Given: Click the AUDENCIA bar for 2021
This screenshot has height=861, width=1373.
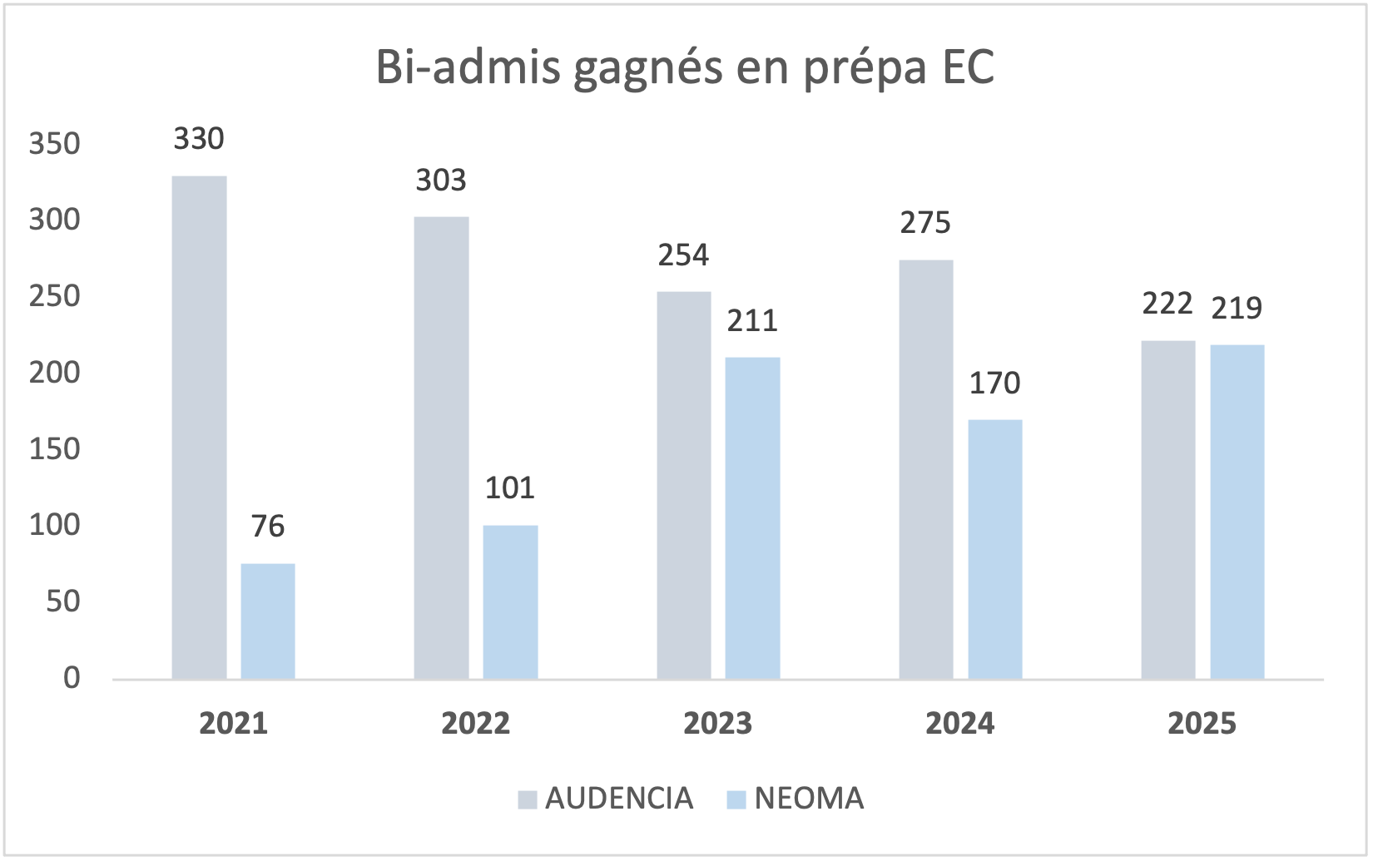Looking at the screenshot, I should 199,428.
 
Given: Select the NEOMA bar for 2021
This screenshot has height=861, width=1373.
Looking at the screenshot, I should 268,621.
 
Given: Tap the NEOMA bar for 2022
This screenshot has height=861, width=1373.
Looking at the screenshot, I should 510,602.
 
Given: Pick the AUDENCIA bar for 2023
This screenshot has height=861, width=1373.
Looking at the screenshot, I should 684,486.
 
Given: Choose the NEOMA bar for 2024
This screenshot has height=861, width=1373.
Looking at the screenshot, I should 995,550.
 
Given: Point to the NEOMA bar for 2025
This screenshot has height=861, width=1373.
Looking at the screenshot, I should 1237,512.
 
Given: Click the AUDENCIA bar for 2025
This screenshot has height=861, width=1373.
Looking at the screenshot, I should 1168,510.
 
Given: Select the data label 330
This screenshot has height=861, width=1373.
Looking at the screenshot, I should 199,139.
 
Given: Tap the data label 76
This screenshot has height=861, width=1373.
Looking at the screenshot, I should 268,527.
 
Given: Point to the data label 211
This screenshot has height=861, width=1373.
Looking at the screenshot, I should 752,321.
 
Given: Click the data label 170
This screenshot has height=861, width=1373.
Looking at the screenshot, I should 995,383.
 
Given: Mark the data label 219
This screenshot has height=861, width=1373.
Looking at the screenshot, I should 1237,309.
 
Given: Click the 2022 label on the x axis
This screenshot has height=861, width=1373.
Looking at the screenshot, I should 476,724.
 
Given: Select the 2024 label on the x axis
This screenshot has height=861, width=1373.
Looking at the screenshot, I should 960,724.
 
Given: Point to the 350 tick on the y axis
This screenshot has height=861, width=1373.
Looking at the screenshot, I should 55,144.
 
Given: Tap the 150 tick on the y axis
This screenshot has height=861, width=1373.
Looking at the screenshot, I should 55,449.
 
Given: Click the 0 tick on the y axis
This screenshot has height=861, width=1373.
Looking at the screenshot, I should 72,678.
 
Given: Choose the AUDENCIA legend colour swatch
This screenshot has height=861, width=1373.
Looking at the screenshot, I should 528,799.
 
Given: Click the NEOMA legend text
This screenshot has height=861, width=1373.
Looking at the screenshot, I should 809,799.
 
